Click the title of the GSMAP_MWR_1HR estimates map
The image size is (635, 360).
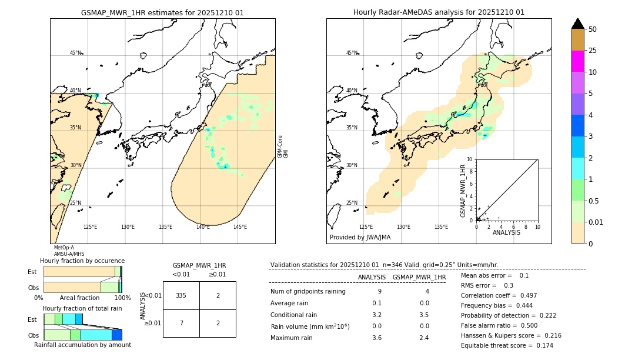tap(162, 12)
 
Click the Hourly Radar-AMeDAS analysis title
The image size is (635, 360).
tap(439, 12)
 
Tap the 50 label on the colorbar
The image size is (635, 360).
tap(593, 29)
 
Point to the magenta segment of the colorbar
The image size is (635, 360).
tap(578, 61)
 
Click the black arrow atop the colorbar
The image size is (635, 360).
tap(578, 24)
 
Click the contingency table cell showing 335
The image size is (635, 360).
tap(181, 295)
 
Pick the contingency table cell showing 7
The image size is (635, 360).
tap(181, 324)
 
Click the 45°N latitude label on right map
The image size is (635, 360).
tap(352, 53)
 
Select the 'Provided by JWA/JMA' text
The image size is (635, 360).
tap(360, 238)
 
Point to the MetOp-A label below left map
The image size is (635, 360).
tap(64, 248)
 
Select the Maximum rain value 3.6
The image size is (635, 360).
tap(377, 338)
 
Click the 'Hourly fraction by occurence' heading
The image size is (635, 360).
tap(82, 261)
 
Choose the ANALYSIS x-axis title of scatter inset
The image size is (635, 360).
tap(506, 232)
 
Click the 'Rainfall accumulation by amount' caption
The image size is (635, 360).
tap(82, 345)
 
